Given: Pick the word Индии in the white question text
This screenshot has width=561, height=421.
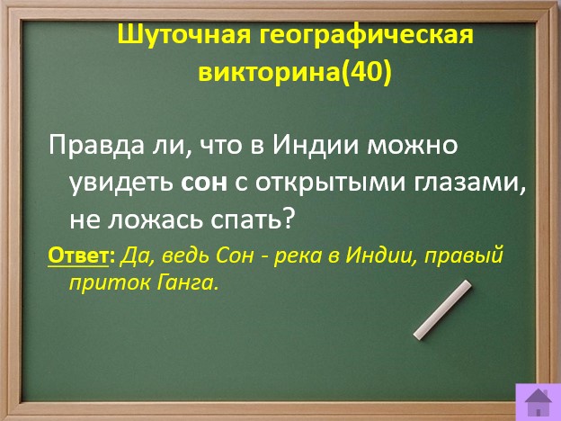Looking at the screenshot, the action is click(x=316, y=145).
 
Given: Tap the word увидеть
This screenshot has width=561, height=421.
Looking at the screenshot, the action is click(x=120, y=184).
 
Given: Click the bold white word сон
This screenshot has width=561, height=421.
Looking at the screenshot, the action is click(x=204, y=184).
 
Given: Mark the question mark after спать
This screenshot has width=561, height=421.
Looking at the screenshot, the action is click(x=289, y=217).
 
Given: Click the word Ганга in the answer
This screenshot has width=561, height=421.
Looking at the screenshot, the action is click(x=187, y=282).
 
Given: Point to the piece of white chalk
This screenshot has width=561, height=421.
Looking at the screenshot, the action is click(x=442, y=309).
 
